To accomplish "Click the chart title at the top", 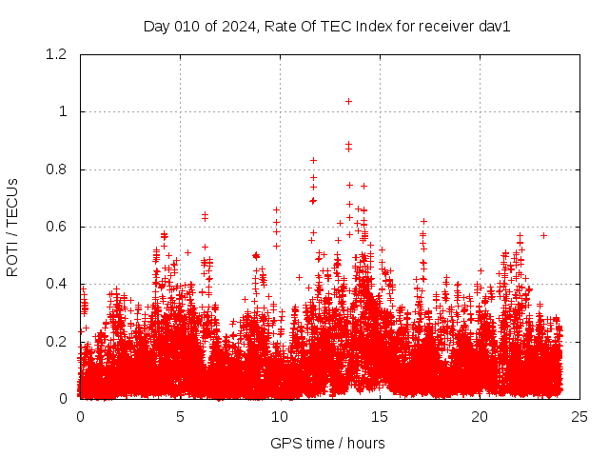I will pyautogui.click(x=327, y=27).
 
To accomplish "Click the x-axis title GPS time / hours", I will pyautogui.click(x=327, y=443).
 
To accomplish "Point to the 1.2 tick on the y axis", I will pyautogui.click(x=58, y=55).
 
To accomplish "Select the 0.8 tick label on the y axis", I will pyautogui.click(x=58, y=169).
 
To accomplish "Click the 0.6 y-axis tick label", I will pyautogui.click(x=58, y=227).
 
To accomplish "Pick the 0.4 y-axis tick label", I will pyautogui.click(x=58, y=284).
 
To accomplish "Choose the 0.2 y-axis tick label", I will pyautogui.click(x=58, y=341).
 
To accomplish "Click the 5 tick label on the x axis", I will pyautogui.click(x=180, y=417).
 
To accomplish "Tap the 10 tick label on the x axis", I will pyautogui.click(x=280, y=417).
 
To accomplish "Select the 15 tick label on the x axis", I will pyautogui.click(x=380, y=417).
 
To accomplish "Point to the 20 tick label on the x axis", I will pyautogui.click(x=480, y=417).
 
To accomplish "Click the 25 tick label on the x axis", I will pyautogui.click(x=580, y=417).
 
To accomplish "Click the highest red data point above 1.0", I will pyautogui.click(x=348, y=101).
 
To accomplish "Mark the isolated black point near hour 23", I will pyautogui.click(x=543, y=235).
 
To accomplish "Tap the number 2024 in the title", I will pyautogui.click(x=238, y=27).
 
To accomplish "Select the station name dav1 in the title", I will pyautogui.click(x=496, y=27).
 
